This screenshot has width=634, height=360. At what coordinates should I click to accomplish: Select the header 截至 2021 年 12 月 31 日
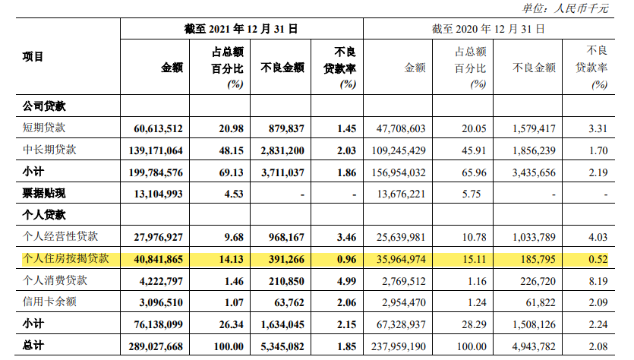click(x=241, y=29)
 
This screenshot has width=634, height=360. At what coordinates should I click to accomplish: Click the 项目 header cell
click(x=33, y=56)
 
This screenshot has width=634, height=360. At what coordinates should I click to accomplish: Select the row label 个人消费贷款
click(x=55, y=280)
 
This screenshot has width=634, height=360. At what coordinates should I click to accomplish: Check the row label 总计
click(x=33, y=346)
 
